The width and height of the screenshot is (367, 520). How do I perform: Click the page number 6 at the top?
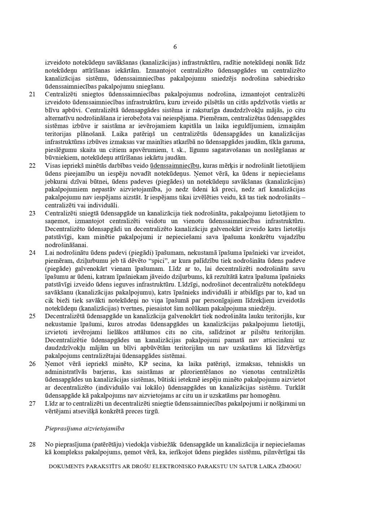click(175, 47)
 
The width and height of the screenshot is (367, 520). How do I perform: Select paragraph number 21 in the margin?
click(32, 95)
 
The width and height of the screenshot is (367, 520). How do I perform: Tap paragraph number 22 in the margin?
click(32, 166)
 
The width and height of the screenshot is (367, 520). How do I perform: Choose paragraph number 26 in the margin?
click(32, 364)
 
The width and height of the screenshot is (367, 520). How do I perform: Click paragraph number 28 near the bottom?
click(32, 445)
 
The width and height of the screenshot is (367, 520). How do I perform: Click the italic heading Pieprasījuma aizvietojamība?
click(84, 429)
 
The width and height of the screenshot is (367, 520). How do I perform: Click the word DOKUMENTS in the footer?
click(66, 466)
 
